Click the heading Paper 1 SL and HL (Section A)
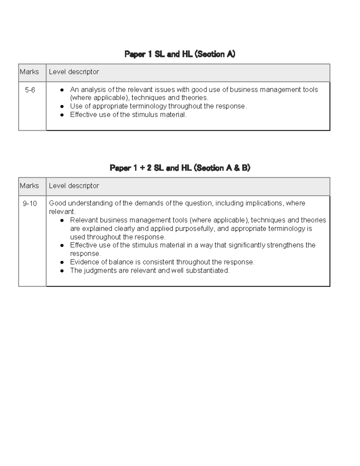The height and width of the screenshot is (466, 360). [x=180, y=54]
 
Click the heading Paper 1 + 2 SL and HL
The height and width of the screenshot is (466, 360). [x=180, y=168]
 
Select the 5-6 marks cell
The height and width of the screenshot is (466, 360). [x=30, y=90]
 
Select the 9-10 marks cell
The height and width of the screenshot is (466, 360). [x=30, y=203]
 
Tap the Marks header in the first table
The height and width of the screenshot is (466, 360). [x=29, y=72]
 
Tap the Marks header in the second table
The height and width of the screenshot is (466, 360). [x=29, y=186]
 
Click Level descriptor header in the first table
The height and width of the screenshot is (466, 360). [x=74, y=72]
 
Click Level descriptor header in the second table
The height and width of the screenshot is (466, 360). [x=74, y=186]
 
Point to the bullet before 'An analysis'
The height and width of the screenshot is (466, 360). [x=62, y=90]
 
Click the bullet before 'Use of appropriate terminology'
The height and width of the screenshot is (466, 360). [x=62, y=107]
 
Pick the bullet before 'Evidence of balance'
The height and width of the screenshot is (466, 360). [x=62, y=262]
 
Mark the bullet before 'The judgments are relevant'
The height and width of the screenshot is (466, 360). [x=62, y=271]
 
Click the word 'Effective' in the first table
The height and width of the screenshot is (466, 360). [x=83, y=115]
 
